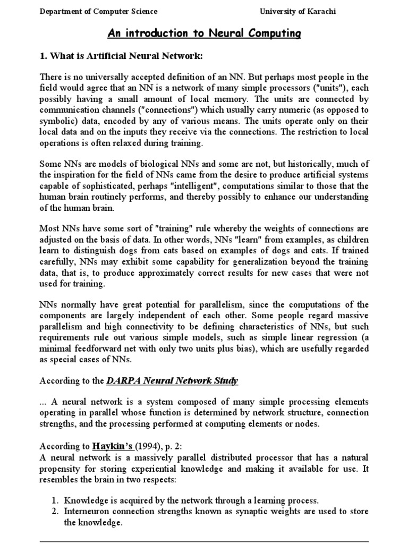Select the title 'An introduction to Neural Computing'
(x=205, y=35)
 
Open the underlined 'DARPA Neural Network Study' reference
(x=173, y=380)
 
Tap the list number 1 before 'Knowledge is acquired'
(x=55, y=500)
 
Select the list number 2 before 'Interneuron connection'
(x=55, y=511)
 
